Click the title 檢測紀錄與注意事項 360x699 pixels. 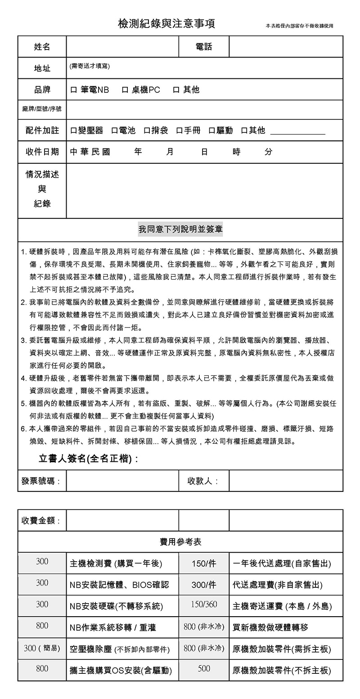tap(166, 24)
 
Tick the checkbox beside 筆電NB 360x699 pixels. tap(74, 90)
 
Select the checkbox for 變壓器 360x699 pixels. tap(74, 131)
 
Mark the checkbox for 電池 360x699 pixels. tap(114, 131)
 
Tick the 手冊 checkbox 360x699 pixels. tap(179, 131)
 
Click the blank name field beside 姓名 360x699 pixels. tap(122, 47)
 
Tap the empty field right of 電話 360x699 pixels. tap(286, 47)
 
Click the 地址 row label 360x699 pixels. tap(42, 68)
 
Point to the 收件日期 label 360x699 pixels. tap(42, 152)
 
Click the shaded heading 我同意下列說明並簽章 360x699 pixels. tap(180, 230)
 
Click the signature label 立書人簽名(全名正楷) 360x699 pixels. tap(88, 459)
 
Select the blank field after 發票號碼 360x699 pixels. tap(122, 481)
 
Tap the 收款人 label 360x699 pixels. tap(203, 481)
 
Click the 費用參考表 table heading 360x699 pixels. tap(180, 542)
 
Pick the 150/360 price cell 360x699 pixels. tap(204, 604)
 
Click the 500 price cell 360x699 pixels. tap(204, 669)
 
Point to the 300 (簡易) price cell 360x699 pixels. tap(42, 648)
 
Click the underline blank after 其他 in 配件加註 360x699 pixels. tap(297, 132)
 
